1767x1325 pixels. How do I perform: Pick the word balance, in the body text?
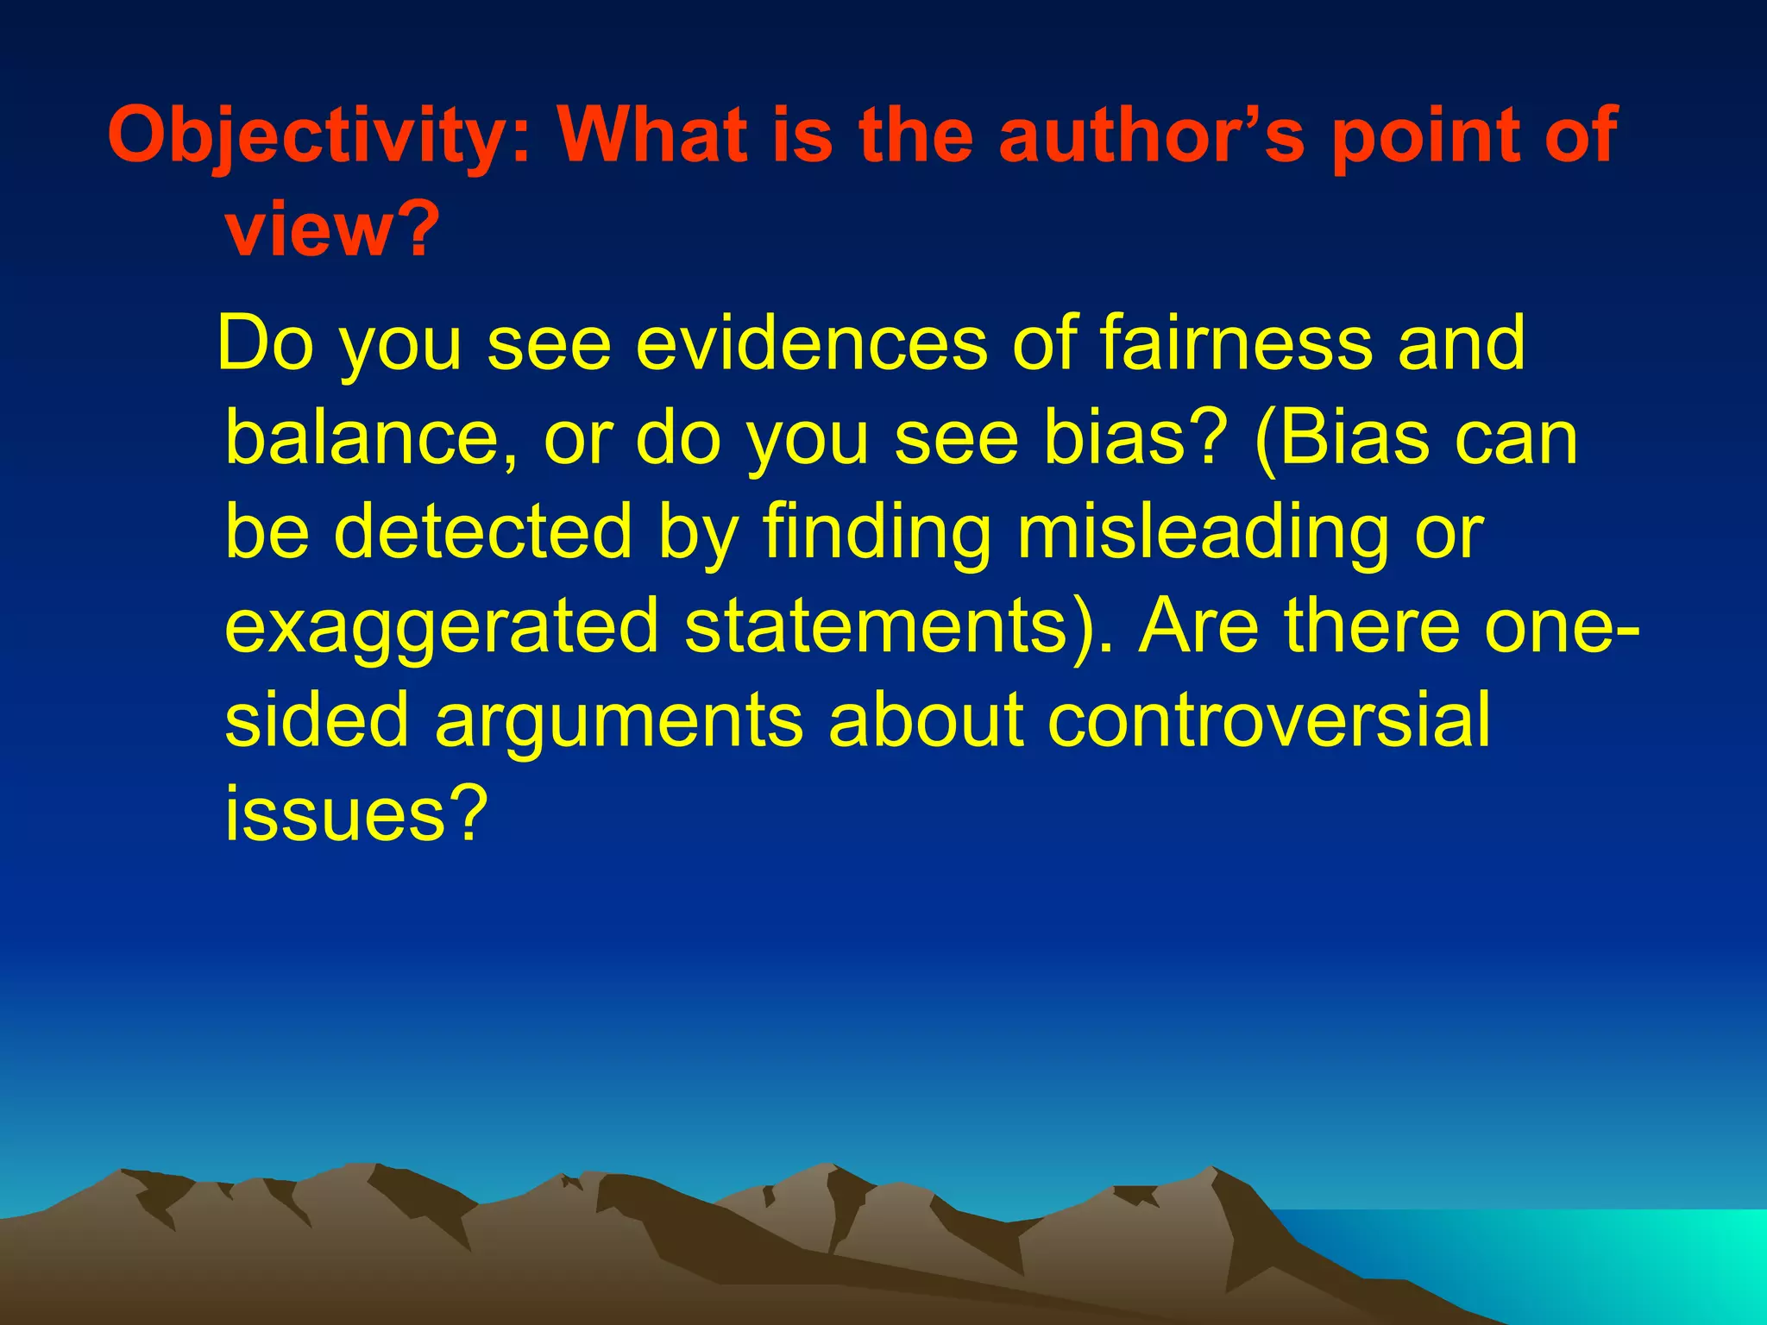pyautogui.click(x=372, y=437)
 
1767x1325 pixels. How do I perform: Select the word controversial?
pyautogui.click(x=1268, y=719)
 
